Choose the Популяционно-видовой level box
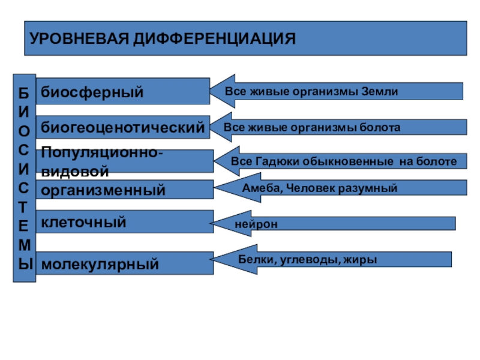click(124, 161)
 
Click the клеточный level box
click(124, 223)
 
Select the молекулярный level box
click(124, 263)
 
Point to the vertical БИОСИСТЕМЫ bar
click(24, 178)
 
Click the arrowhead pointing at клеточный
click(223, 223)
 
